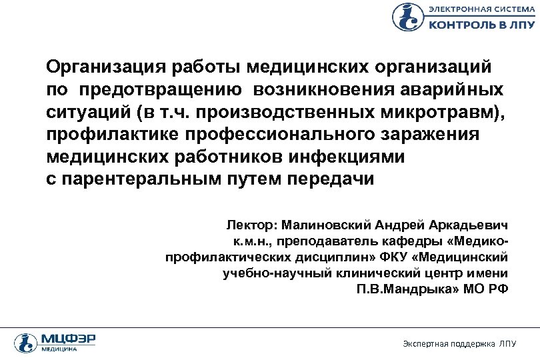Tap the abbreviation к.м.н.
pyautogui.click(x=251, y=240)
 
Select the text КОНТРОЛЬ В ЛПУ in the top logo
pyautogui.click(x=480, y=24)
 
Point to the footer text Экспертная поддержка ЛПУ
pyautogui.click(x=459, y=344)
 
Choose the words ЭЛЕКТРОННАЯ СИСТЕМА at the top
pyautogui.click(x=480, y=9)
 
